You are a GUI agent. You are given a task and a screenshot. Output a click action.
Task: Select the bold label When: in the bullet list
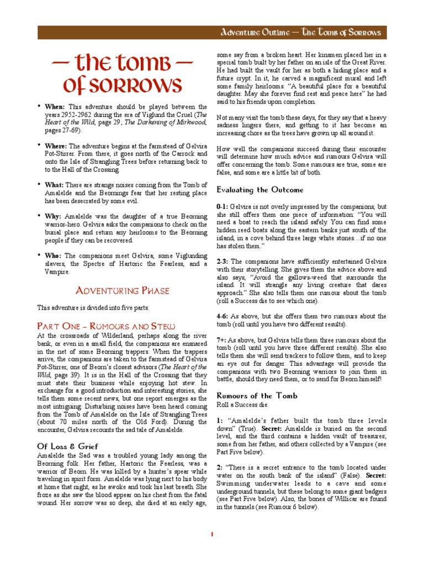[55, 106]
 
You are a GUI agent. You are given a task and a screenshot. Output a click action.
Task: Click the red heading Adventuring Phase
[122, 291]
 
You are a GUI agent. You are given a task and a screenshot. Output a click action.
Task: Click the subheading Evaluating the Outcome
[259, 190]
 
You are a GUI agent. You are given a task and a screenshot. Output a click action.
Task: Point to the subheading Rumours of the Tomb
[257, 396]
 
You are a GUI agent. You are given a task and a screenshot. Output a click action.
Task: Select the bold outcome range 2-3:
[222, 261]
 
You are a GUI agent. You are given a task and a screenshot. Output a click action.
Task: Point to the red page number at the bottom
[212, 535]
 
